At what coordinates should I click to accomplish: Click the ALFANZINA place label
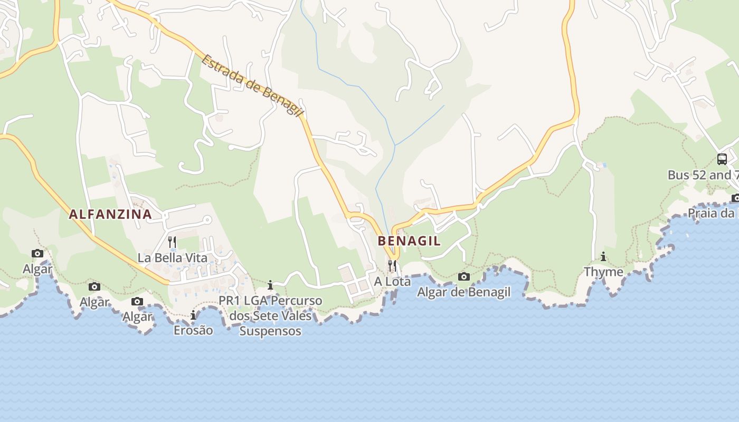[110, 214]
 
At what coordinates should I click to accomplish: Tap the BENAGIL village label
[409, 241]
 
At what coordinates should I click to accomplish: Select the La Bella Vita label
[172, 258]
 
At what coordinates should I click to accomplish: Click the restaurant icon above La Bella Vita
[172, 242]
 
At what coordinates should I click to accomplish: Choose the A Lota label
[392, 282]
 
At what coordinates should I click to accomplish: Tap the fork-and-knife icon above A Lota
[392, 265]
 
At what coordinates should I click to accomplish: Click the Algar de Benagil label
[464, 292]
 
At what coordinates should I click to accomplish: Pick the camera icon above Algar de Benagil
[464, 276]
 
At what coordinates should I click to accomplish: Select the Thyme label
[603, 272]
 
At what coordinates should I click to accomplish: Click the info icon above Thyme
[603, 257]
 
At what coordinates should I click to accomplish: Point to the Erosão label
[193, 330]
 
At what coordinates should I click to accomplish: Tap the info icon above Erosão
[193, 315]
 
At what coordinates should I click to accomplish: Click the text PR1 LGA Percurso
[270, 301]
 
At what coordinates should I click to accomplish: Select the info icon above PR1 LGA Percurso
[270, 285]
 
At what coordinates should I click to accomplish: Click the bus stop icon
[722, 159]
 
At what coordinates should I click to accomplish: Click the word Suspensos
[270, 331]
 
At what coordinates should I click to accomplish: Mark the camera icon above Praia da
[735, 198]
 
